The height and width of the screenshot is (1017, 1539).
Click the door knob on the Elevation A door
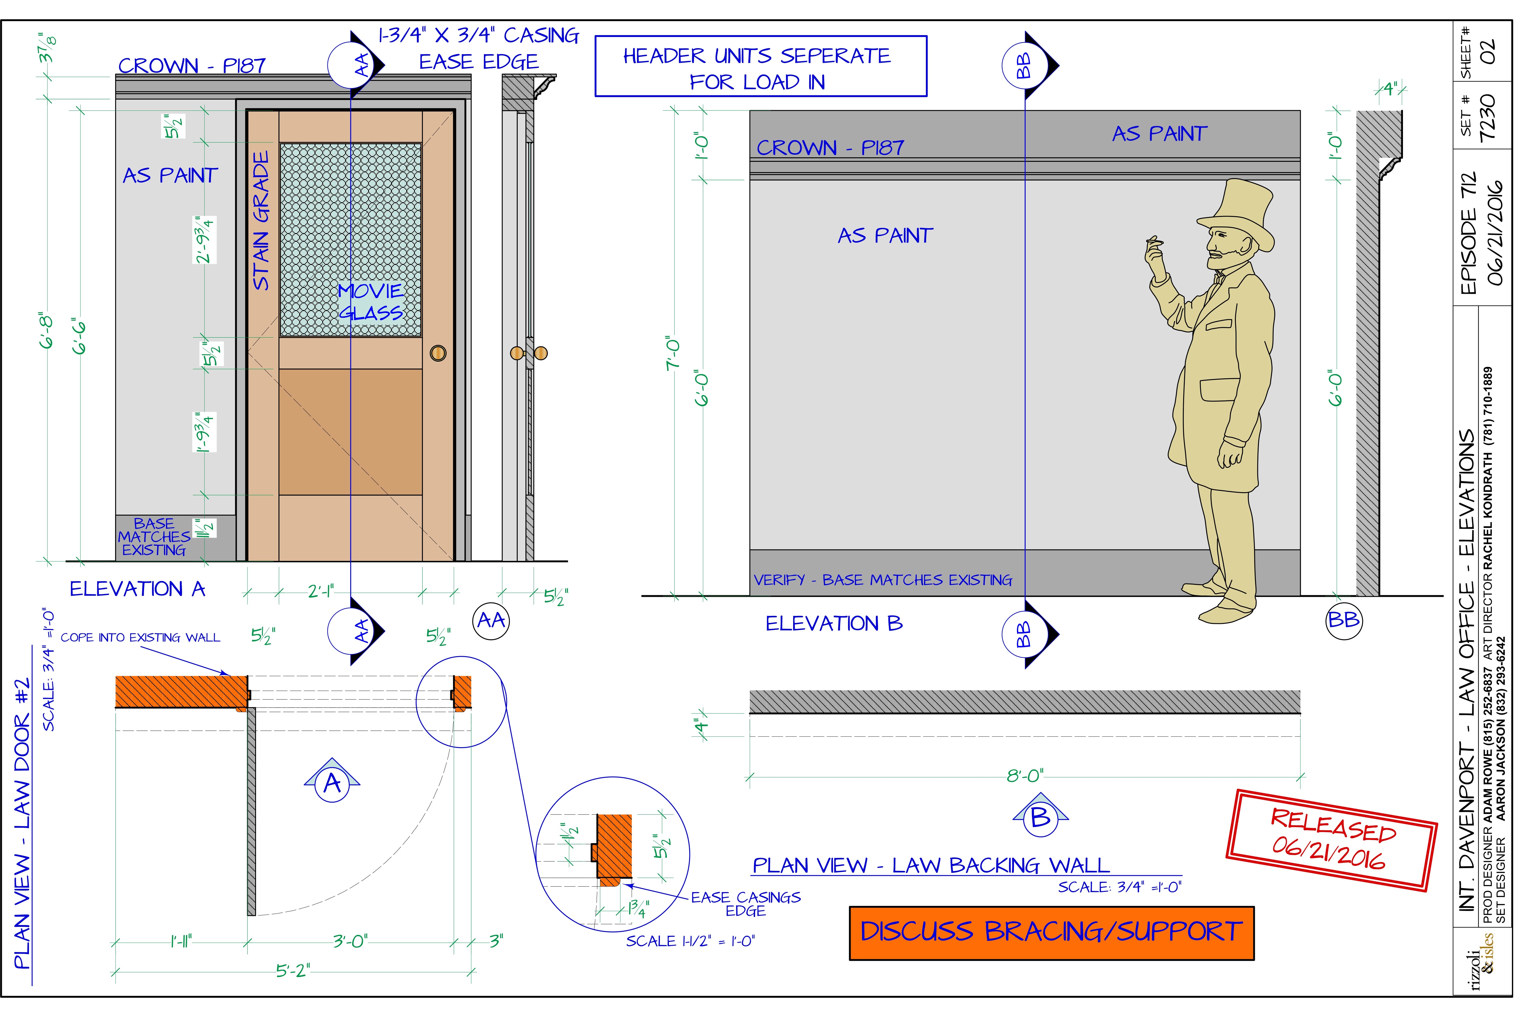point(438,353)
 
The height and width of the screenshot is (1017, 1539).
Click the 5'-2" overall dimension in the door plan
point(293,971)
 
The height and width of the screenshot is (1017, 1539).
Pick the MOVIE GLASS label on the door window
point(371,301)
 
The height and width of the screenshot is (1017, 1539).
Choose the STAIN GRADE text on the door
point(261,221)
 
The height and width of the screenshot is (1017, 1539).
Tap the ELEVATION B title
point(834,623)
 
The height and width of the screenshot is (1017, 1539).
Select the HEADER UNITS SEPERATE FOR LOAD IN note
point(760,67)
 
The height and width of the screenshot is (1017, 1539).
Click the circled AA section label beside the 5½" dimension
point(491,621)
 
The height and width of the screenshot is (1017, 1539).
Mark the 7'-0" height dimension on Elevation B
point(673,353)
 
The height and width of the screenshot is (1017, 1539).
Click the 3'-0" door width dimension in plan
point(350,940)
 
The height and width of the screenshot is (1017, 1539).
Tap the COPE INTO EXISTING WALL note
point(140,638)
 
